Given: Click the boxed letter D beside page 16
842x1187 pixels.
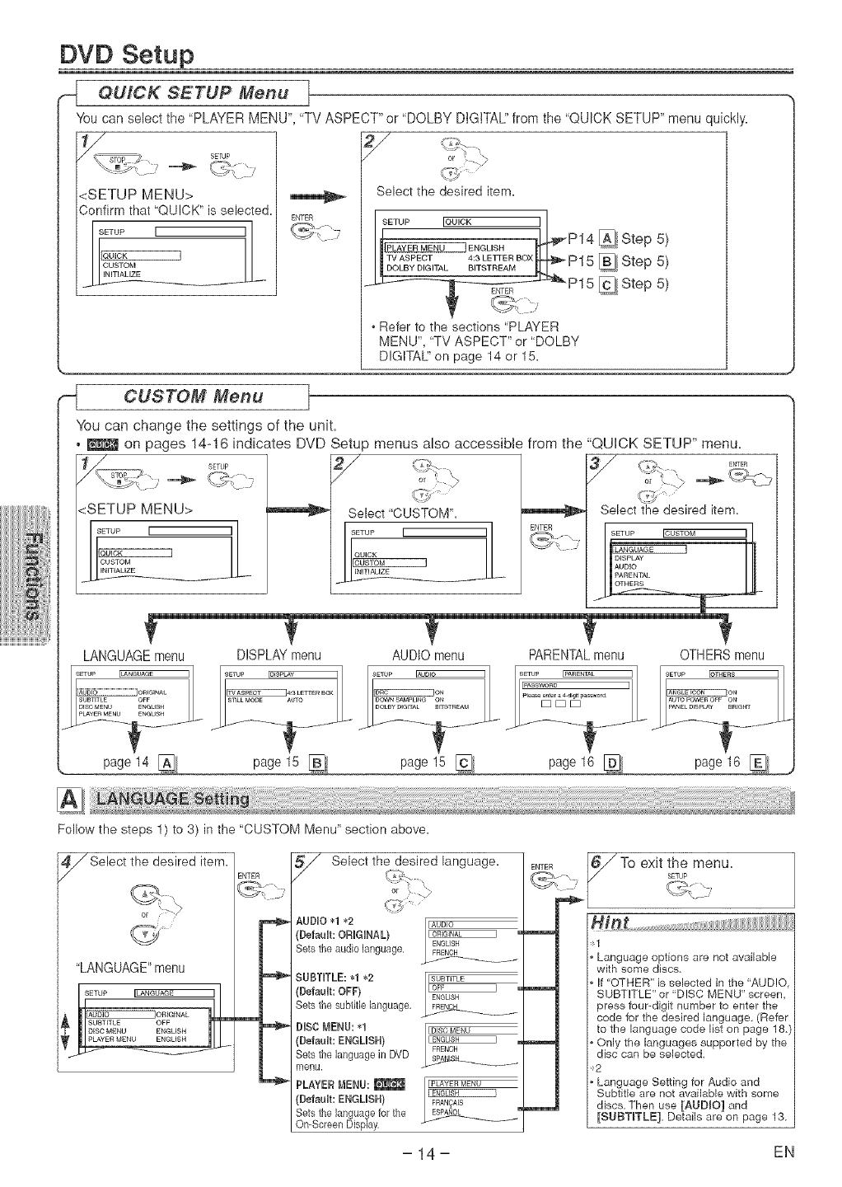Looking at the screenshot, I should point(612,762).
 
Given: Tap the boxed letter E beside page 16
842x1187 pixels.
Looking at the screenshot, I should point(758,762).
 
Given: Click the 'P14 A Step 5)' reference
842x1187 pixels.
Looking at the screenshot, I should point(619,240).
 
